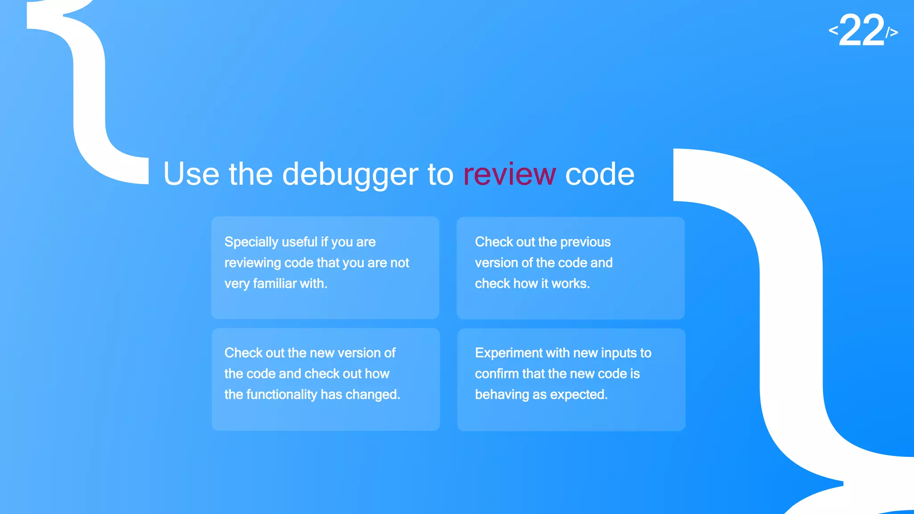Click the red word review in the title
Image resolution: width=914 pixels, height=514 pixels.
click(509, 174)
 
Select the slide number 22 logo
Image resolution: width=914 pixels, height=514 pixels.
click(862, 30)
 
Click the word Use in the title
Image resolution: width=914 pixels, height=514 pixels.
click(191, 174)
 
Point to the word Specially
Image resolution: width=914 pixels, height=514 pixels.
click(251, 242)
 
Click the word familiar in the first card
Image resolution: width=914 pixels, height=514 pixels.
click(274, 283)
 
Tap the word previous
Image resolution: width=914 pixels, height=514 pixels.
click(585, 242)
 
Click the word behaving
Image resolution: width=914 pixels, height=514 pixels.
click(502, 394)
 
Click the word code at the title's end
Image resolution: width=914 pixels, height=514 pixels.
click(599, 174)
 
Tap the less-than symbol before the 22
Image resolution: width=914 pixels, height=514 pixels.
click(833, 30)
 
